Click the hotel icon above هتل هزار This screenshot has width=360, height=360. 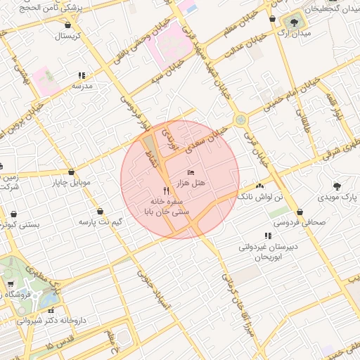[x=191, y=172]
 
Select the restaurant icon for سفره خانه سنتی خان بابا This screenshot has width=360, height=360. [x=166, y=191]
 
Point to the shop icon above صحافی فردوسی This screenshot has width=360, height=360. [x=300, y=212]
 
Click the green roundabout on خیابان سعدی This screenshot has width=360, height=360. [x=240, y=120]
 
